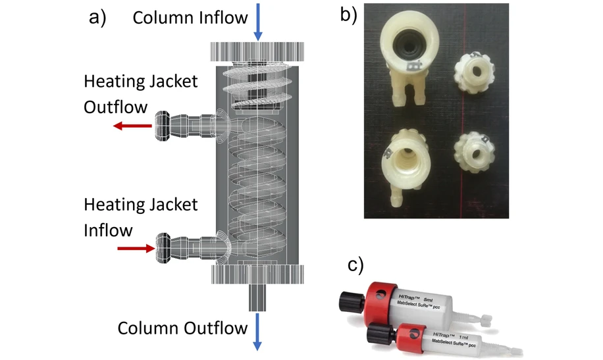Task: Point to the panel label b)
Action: [349, 15]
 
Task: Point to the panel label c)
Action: [356, 264]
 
